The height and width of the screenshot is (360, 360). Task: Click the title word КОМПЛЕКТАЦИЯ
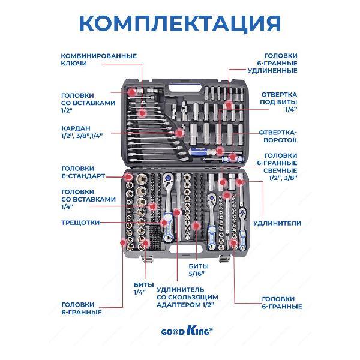click(180, 23)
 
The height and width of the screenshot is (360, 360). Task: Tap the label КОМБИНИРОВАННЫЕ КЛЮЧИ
click(98, 59)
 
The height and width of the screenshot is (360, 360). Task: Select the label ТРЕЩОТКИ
click(80, 222)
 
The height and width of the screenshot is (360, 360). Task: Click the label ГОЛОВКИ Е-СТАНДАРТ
click(83, 172)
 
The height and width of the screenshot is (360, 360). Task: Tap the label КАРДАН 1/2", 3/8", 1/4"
click(82, 131)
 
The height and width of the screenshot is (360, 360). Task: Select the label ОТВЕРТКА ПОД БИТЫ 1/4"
click(278, 103)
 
